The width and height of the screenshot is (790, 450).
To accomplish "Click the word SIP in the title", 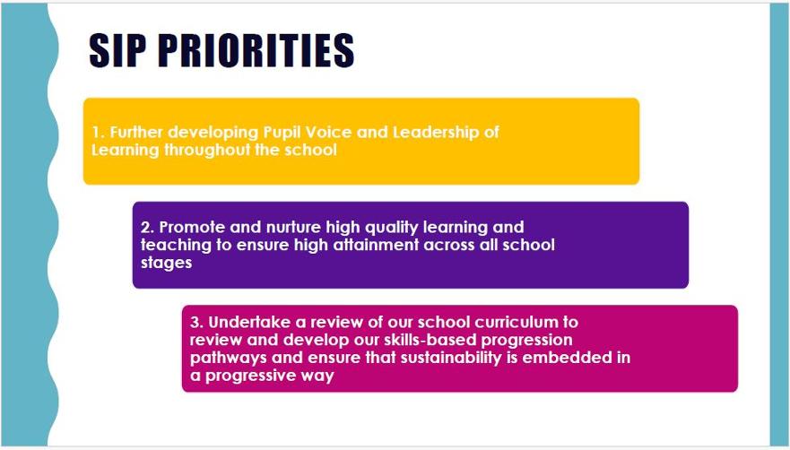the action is click(x=120, y=50).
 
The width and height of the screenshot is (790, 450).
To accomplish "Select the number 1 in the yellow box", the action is click(x=96, y=133).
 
